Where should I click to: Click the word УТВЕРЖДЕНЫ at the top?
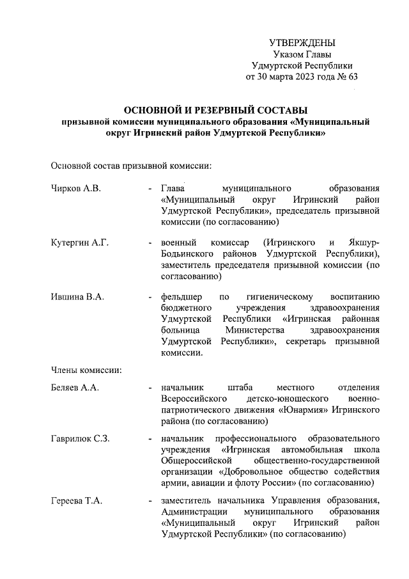[302, 43]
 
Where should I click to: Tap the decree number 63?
[353, 77]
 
